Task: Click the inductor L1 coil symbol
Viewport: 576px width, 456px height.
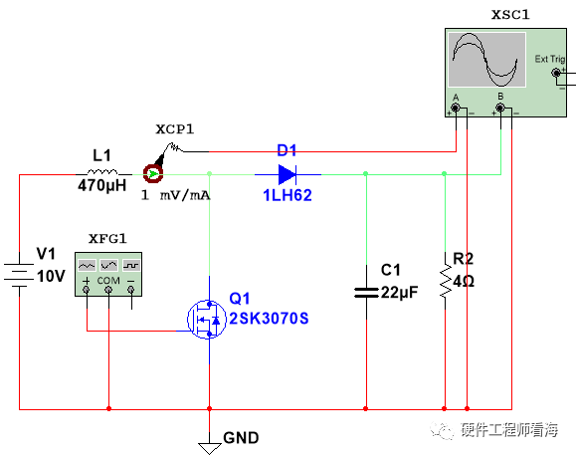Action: [102, 171]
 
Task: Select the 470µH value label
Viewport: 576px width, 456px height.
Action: [101, 185]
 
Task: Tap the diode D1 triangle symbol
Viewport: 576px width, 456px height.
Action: [288, 174]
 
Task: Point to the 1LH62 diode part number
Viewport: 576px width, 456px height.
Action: [288, 195]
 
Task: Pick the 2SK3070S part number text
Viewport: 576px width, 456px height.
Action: [269, 318]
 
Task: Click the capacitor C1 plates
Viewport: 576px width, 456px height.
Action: [366, 293]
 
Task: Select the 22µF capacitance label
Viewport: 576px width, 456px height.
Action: [399, 293]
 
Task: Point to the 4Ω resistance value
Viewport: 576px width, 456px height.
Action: [464, 282]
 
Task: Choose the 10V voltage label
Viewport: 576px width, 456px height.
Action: [51, 276]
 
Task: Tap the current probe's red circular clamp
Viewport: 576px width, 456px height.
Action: [153, 173]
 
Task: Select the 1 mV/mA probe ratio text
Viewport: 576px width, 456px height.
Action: [176, 195]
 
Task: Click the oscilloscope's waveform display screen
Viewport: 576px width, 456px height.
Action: [487, 60]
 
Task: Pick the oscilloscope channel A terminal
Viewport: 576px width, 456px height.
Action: [456, 108]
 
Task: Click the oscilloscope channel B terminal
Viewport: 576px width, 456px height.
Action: [500, 108]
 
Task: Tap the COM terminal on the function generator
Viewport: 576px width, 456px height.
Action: [108, 290]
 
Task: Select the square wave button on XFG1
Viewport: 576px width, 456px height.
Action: [131, 265]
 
